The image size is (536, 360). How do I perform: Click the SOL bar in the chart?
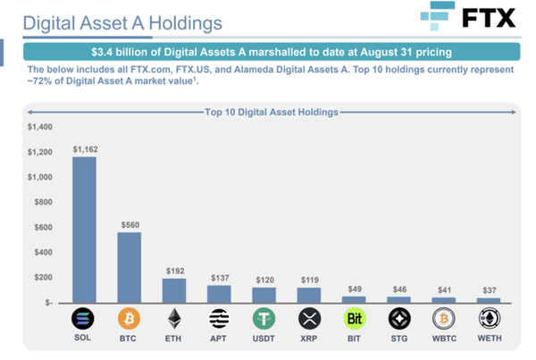point(85,230)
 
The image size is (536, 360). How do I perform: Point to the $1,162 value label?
point(85,149)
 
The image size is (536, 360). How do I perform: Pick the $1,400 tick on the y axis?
point(41,128)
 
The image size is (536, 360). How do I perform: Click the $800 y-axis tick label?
point(44,202)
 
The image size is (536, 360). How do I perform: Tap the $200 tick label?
point(44,278)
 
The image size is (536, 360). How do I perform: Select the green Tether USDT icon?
point(264,320)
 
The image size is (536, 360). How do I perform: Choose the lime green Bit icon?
point(355,320)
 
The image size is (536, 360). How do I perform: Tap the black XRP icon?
point(309,320)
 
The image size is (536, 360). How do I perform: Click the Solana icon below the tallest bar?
point(84,320)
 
